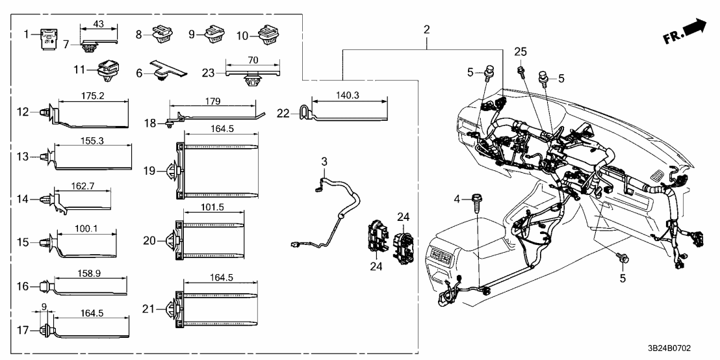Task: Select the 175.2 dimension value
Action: (x=93, y=95)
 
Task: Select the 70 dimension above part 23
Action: (x=253, y=60)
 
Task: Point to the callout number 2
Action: (x=426, y=29)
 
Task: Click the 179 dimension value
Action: (x=212, y=101)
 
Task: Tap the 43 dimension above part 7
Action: (x=99, y=23)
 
